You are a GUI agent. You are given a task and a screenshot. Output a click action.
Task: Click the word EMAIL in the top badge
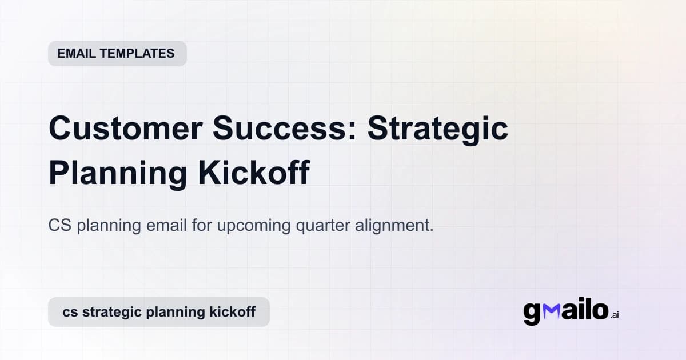click(76, 54)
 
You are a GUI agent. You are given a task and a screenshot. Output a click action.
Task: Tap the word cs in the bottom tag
click(70, 312)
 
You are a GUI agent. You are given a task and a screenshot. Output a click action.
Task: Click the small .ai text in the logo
click(615, 315)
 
